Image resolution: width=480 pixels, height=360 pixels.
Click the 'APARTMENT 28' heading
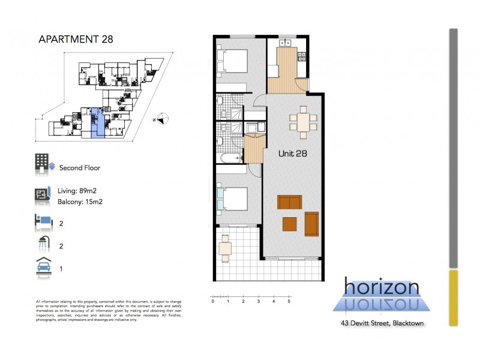click(75, 40)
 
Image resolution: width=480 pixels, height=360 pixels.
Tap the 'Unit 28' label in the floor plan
click(293, 154)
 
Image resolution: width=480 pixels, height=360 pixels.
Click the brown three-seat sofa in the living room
click(290, 202)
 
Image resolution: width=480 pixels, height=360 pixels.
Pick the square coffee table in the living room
click(290, 224)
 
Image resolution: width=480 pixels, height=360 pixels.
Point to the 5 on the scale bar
click(289, 302)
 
